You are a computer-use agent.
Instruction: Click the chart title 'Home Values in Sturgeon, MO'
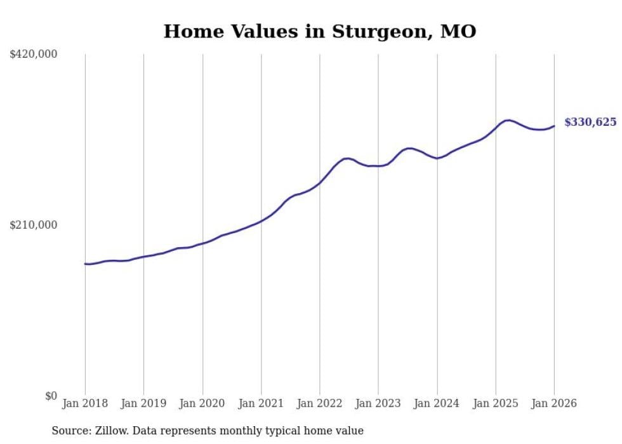(320, 31)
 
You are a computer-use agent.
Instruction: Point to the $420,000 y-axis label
(34, 55)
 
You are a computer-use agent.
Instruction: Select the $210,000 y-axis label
(34, 225)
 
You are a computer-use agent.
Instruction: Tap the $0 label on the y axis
(51, 396)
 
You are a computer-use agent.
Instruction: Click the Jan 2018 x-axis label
(85, 403)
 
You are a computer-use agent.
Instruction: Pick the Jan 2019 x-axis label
(143, 403)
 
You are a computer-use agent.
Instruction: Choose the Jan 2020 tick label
(202, 403)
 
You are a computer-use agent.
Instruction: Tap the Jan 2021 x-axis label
(261, 403)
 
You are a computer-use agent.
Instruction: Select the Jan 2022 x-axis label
(320, 403)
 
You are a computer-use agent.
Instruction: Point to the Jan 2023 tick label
(378, 403)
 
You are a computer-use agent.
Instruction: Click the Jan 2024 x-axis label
(437, 403)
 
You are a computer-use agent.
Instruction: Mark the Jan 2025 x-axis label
(496, 403)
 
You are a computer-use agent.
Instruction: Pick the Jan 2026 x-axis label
(554, 403)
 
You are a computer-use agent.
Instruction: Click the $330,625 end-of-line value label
(590, 122)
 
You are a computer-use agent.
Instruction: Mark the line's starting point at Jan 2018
(85, 264)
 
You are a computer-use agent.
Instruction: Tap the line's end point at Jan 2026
(554, 126)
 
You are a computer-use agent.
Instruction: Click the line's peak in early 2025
(507, 120)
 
